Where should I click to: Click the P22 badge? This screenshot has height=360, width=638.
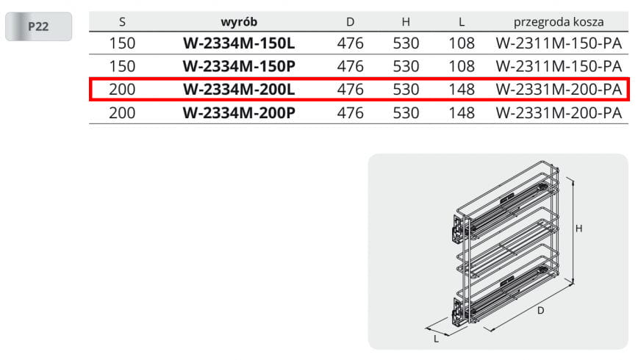[x=39, y=26]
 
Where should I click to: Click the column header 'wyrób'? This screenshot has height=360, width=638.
[x=239, y=21]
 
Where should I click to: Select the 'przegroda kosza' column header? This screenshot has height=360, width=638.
[x=559, y=22]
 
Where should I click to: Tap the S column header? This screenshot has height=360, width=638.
[x=122, y=22]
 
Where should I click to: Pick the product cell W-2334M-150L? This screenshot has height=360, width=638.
[x=239, y=43]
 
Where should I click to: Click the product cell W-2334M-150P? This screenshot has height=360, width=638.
[x=239, y=66]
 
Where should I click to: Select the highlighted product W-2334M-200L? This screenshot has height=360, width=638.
[x=239, y=90]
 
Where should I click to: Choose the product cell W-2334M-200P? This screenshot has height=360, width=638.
[x=239, y=112]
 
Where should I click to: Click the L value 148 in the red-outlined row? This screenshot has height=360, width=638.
[x=462, y=90]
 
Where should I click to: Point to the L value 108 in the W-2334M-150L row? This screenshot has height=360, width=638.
[x=462, y=43]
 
